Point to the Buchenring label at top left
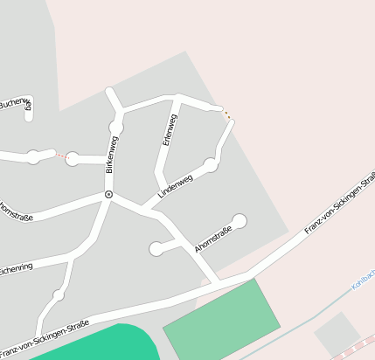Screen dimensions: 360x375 15,102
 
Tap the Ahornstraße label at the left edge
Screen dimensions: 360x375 16,211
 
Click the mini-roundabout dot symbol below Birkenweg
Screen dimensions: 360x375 108,194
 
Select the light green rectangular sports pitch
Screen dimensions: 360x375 222,318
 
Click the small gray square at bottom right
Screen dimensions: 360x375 337,334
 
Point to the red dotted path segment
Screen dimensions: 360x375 61,156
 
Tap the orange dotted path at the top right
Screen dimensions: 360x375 226,113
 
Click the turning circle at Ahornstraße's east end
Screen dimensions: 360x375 240,221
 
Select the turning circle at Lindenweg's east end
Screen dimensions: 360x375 210,164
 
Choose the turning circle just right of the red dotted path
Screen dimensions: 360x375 73,158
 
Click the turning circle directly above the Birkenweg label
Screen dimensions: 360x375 115,128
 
